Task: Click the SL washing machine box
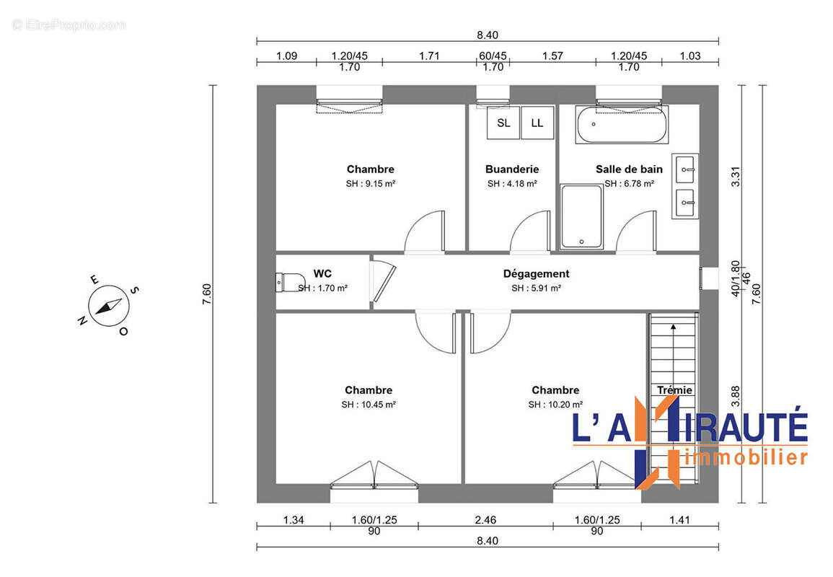503,123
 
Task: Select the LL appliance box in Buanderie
537,123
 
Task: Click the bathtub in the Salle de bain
622,125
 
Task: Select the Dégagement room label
536,274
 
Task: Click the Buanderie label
512,169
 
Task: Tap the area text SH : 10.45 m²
369,405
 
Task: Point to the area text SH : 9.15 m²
370,184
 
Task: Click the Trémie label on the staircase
674,390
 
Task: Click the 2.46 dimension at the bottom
485,519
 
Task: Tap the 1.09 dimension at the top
288,56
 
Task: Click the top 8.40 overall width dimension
488,35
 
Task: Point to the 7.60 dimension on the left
206,294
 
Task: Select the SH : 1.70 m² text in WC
323,288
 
